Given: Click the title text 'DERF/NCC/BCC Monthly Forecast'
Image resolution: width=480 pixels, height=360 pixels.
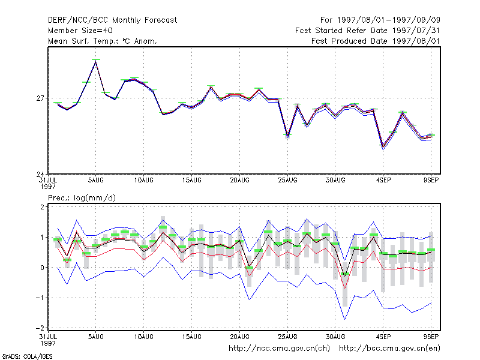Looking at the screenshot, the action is [x=112, y=20].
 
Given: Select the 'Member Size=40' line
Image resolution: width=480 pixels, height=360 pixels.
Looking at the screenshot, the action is [x=80, y=31].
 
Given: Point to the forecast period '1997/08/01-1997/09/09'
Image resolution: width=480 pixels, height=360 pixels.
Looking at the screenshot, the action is [x=389, y=20].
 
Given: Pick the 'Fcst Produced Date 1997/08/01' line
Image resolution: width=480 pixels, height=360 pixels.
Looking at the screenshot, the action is [x=376, y=41].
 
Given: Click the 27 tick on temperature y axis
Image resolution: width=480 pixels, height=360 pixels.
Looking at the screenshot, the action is [x=40, y=98].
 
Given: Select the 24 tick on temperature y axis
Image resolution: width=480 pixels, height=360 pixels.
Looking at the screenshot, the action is [x=40, y=175].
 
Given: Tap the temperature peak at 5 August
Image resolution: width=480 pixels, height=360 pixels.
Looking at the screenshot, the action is [x=96, y=61].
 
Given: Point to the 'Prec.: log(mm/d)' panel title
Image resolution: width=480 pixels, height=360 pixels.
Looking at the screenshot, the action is [x=82, y=198].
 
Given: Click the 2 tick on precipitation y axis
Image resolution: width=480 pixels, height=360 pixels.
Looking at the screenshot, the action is [x=42, y=207].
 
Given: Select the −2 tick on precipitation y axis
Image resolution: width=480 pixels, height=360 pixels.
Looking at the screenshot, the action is [x=40, y=328].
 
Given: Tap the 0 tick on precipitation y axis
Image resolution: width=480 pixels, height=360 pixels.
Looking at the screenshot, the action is [x=42, y=268].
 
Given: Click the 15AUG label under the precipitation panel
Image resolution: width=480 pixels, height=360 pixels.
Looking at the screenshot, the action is [x=191, y=337].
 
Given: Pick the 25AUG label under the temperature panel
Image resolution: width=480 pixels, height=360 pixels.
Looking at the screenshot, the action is [x=287, y=181].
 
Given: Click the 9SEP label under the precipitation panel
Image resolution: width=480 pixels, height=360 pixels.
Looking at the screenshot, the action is [x=431, y=337].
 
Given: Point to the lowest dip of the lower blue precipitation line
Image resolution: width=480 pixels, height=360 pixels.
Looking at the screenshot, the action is [x=344, y=320].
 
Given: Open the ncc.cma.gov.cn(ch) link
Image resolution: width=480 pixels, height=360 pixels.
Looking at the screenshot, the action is [x=279, y=349].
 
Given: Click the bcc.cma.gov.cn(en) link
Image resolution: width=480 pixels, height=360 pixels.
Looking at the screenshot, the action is [x=389, y=349].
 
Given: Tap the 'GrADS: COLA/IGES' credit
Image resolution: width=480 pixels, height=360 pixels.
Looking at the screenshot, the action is [x=27, y=356].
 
